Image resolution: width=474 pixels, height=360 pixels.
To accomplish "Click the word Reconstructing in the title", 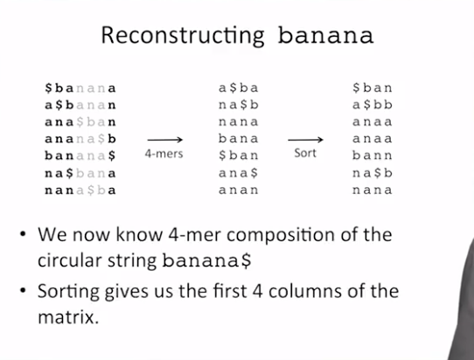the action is pos(183,36).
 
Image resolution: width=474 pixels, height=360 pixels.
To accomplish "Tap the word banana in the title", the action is pos(325,36).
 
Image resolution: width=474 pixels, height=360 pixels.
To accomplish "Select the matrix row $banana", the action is pos(80,88).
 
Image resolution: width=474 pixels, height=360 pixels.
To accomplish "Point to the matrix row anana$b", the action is pos(80,139).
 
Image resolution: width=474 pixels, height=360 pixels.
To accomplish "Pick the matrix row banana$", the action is pos(80,156).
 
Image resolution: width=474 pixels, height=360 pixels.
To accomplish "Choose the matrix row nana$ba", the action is pos(80,190).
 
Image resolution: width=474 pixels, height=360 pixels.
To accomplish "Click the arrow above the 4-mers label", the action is pos(165,140).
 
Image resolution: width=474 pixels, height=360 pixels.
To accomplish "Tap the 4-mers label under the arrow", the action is pos(164,154).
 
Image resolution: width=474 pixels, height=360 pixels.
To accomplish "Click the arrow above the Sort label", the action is pos(305,140).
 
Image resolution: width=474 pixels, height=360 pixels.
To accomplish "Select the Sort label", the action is pos(305,153).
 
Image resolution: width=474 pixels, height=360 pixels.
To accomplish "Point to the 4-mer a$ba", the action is pos(239,88).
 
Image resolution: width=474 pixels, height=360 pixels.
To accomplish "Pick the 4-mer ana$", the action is pos(239,173).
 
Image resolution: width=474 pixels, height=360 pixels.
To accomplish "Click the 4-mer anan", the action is pos(239,190).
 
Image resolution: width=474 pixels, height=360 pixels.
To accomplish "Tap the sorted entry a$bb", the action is pos(373,105).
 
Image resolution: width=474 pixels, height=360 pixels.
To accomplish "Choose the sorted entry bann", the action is pos(373,156).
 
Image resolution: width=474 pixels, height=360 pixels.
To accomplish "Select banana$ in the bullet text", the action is pos(206,260).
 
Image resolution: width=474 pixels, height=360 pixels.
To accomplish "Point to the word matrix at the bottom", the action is pos(68,317).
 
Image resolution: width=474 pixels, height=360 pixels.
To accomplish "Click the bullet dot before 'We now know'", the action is pos(23,234).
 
